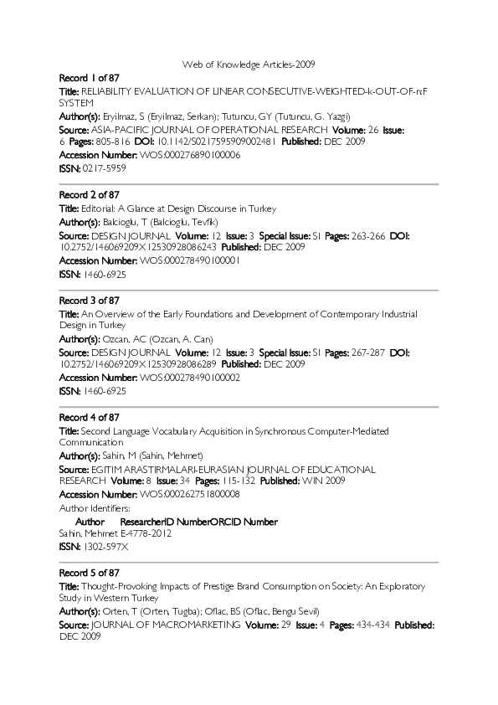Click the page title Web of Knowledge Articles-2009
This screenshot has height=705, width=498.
(249, 64)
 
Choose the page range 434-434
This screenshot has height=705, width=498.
(374, 625)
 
